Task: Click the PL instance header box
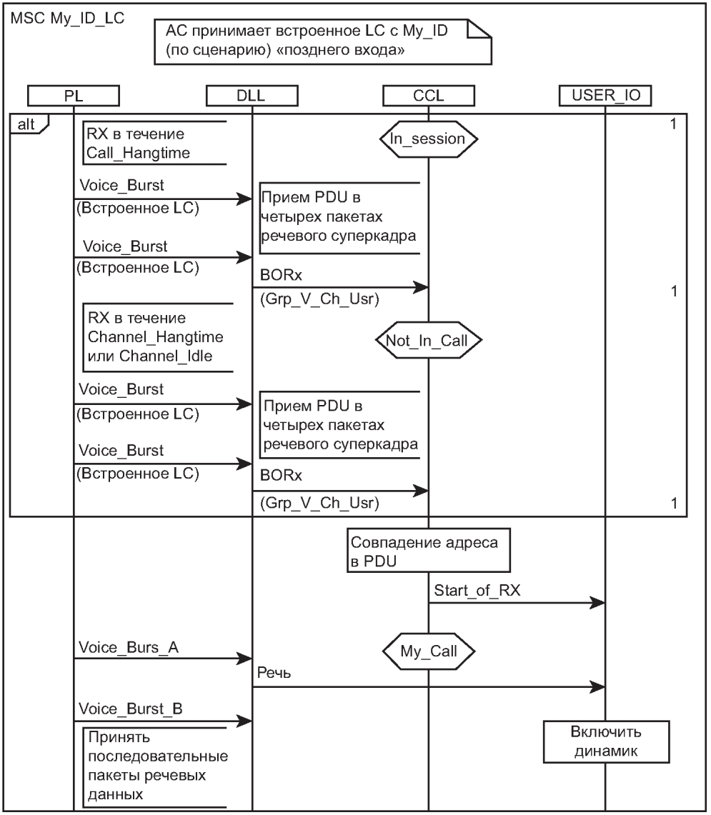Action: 74,95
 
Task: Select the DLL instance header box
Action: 252,95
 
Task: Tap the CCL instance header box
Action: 428,95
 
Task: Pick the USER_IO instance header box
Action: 606,95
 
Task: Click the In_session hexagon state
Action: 428,139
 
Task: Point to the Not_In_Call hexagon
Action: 428,341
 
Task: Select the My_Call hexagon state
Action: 428,651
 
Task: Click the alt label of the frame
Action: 27,123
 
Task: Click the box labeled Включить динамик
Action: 606,742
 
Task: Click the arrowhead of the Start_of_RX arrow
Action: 599,604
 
